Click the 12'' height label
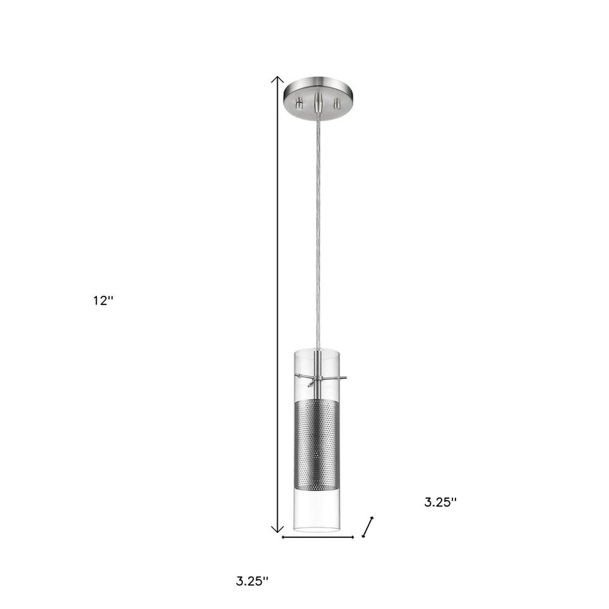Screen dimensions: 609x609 coord(103,300)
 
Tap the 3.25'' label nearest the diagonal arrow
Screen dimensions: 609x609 coord(440,502)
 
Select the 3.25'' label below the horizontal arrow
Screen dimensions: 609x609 coord(252,581)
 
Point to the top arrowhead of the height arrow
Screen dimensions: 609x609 coord(277,80)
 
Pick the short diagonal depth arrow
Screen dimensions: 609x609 coord(367,527)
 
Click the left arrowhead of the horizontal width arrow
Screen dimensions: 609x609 coord(284,537)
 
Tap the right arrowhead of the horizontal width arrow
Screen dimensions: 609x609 coord(352,537)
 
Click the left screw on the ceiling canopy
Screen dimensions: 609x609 coord(299,104)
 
